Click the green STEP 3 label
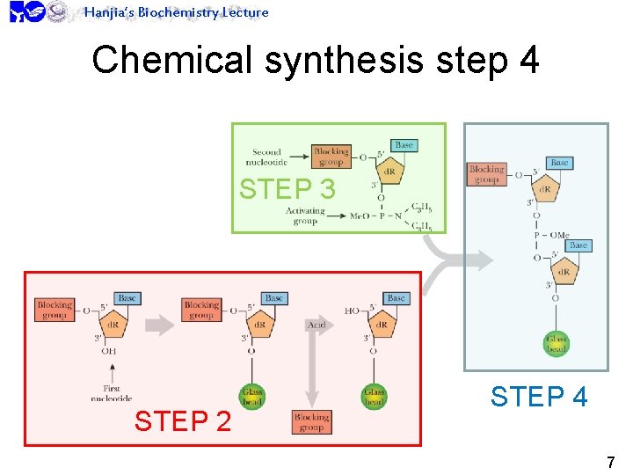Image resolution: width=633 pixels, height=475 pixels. [x=287, y=189]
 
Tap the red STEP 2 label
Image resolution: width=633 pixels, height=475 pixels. [x=183, y=421]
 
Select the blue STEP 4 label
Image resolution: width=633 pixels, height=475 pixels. [x=538, y=397]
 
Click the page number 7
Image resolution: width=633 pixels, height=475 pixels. [x=610, y=461]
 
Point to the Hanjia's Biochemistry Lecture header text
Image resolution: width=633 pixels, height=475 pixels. [x=176, y=12]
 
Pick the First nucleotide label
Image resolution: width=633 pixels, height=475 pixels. [x=112, y=392]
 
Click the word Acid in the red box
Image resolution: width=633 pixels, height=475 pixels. [x=316, y=325]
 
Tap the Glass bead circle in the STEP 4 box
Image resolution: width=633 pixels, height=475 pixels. [x=557, y=343]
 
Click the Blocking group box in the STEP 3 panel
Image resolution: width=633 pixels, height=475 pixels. [x=331, y=157]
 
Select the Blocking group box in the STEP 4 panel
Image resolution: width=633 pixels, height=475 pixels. [x=486, y=174]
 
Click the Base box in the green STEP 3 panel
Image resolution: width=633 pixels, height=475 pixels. [x=404, y=145]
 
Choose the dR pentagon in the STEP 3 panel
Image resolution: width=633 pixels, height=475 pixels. [x=390, y=171]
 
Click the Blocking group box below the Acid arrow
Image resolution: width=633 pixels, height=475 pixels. [x=311, y=421]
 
